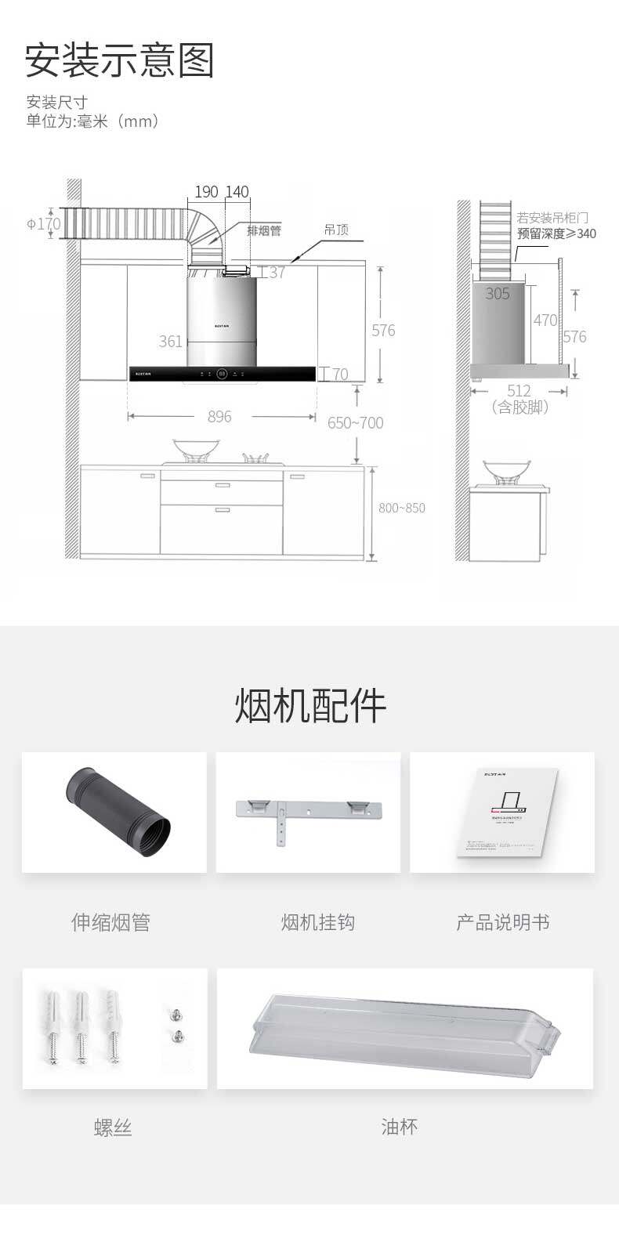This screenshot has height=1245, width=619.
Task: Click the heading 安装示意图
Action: coord(119,61)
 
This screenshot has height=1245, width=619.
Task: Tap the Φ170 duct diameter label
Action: coord(44,223)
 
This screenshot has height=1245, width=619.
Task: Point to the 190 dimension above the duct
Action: coord(206,192)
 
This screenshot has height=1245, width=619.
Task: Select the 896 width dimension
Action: coord(219,417)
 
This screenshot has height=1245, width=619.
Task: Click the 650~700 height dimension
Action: coord(355,423)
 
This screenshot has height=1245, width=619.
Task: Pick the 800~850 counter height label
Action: coord(401,508)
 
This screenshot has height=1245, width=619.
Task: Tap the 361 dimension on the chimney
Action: coord(170,342)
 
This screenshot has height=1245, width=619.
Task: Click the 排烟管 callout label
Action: coord(263,231)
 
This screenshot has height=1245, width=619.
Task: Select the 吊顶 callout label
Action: coord(336,230)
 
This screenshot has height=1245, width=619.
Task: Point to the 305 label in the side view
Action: coord(498,294)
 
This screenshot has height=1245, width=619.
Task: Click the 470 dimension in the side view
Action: coord(545,320)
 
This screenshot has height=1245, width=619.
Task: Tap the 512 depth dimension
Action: coord(519,390)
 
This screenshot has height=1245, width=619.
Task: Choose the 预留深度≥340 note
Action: coord(556,233)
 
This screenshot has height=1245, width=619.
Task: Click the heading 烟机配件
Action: coord(310,706)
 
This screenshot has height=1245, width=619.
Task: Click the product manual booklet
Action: coord(508,813)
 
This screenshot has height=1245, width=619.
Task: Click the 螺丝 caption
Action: coord(113,1127)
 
